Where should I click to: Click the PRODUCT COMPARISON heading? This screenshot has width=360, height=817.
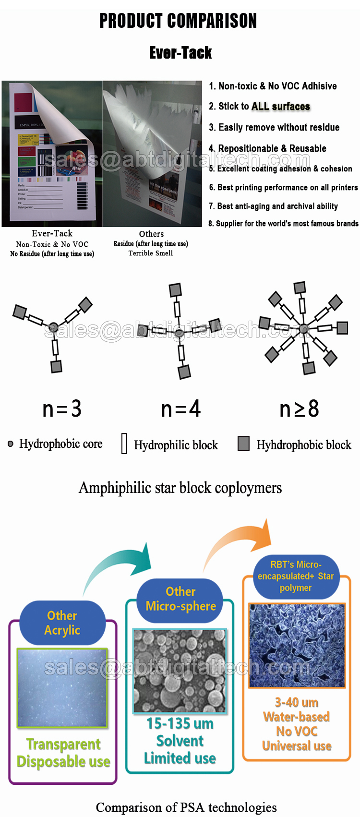178,21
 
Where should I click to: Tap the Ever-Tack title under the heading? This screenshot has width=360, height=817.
180,53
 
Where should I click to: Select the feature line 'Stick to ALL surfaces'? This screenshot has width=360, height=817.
259,107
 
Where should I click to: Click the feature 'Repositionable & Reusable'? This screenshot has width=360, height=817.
267,148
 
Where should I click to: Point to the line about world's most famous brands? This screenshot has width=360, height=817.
283,224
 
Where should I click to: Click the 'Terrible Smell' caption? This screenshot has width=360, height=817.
151,253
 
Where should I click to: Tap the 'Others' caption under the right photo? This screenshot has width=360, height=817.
151,234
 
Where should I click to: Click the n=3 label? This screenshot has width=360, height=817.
62,409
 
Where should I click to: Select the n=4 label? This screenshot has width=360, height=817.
180,409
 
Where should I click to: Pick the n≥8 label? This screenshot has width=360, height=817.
299,409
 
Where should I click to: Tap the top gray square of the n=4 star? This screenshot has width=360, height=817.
175,290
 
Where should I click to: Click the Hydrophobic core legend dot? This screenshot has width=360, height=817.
11,444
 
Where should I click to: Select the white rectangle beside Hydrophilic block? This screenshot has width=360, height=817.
124,444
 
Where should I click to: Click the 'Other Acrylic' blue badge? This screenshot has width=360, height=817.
62,623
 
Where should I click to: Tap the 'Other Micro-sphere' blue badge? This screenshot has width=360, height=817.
180,599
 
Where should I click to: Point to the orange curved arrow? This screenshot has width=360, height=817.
240,542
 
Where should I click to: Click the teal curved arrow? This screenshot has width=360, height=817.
120,566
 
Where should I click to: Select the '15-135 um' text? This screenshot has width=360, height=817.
180,724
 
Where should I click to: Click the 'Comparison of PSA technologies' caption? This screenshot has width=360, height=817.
186,807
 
